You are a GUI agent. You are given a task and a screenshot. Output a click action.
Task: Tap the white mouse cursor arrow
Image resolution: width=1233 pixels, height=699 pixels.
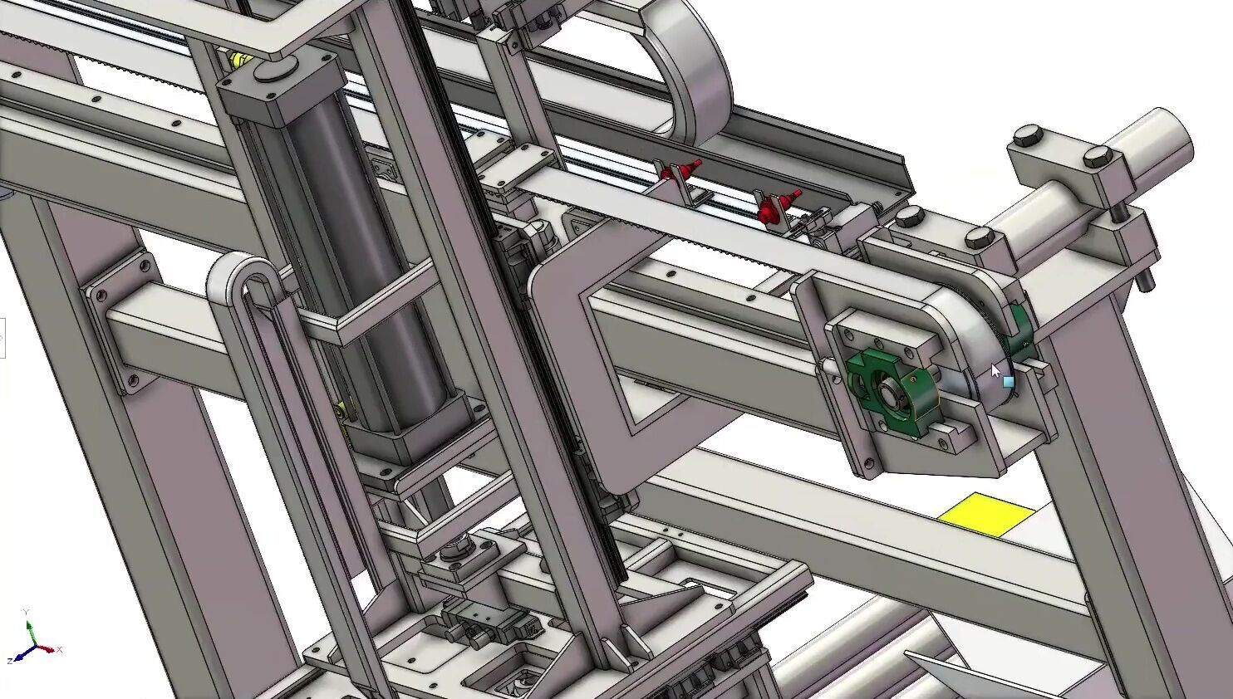point(995,370)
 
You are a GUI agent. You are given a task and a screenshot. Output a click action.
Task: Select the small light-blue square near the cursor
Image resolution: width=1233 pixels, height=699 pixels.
point(1009,382)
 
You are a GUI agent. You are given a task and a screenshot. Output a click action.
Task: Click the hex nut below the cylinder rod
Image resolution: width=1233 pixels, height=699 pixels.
point(455,550)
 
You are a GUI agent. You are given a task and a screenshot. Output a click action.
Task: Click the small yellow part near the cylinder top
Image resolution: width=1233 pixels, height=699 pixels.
point(239,60)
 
